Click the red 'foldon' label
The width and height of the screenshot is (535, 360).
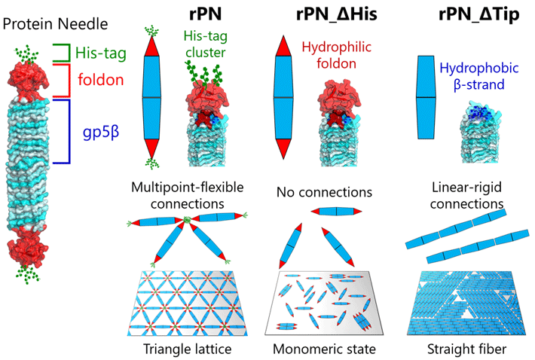pyautogui.click(x=102, y=79)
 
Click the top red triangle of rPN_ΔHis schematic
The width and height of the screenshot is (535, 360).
pyautogui.click(x=283, y=46)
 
